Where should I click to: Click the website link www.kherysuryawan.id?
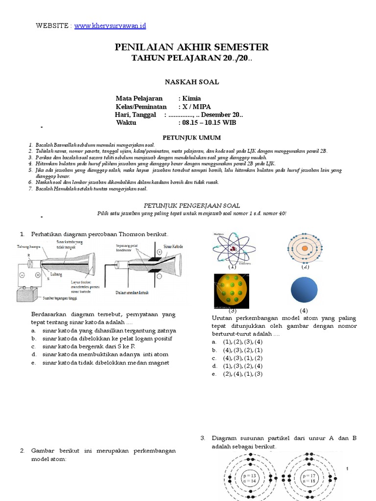coord(110,25)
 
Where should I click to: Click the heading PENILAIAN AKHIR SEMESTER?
coord(191,47)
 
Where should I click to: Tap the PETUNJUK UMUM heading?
coord(191,137)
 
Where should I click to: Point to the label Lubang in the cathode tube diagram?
coord(55,275)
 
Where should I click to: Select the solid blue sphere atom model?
coord(304,289)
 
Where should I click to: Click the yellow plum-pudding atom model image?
coord(232,290)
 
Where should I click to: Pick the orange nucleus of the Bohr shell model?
coord(305,249)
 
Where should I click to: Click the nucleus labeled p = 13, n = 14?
coord(250,478)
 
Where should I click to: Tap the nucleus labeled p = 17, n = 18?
coord(309,478)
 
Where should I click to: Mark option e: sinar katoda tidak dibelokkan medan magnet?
coord(105,363)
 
